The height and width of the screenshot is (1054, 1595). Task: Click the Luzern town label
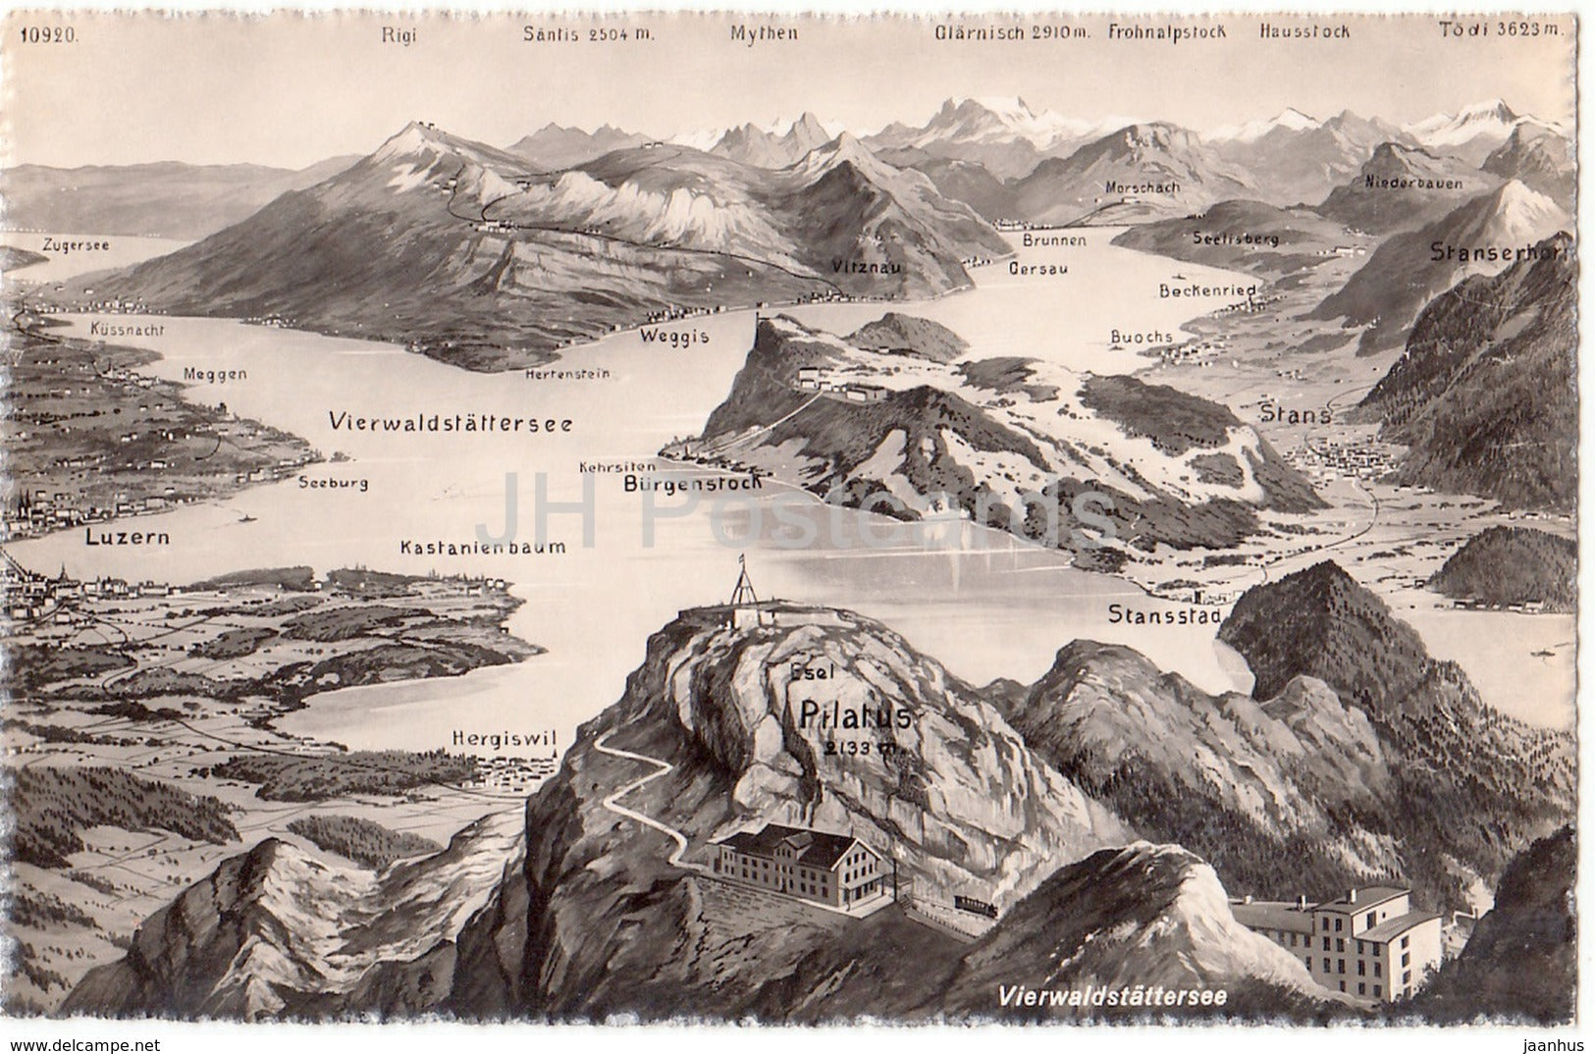click(127, 537)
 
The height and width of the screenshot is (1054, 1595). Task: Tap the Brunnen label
click(1053, 239)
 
